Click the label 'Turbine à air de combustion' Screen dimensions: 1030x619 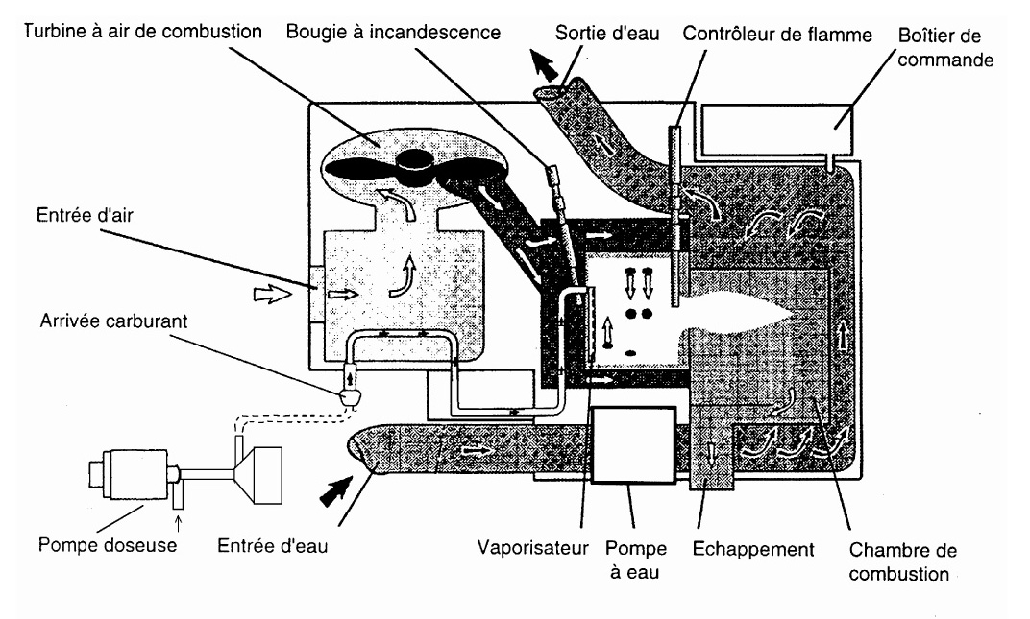(142, 32)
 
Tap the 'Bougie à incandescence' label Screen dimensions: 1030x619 (393, 33)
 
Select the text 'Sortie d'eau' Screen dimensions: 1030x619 (607, 33)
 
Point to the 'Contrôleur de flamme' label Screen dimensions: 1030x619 (777, 35)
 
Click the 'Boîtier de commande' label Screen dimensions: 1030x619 (944, 47)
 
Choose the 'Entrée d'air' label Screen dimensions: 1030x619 (85, 215)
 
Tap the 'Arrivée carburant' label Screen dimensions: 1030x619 (113, 321)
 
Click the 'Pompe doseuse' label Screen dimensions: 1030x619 (107, 545)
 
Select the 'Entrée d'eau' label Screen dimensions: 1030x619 (272, 545)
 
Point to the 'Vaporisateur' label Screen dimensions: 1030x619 (532, 547)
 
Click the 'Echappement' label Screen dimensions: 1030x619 (753, 549)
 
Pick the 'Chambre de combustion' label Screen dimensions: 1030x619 (902, 561)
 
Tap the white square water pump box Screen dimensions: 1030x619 (633, 445)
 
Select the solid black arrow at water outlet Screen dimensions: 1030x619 (545, 66)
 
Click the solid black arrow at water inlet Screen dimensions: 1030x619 (337, 491)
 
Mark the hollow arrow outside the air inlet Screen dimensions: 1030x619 (272, 295)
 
